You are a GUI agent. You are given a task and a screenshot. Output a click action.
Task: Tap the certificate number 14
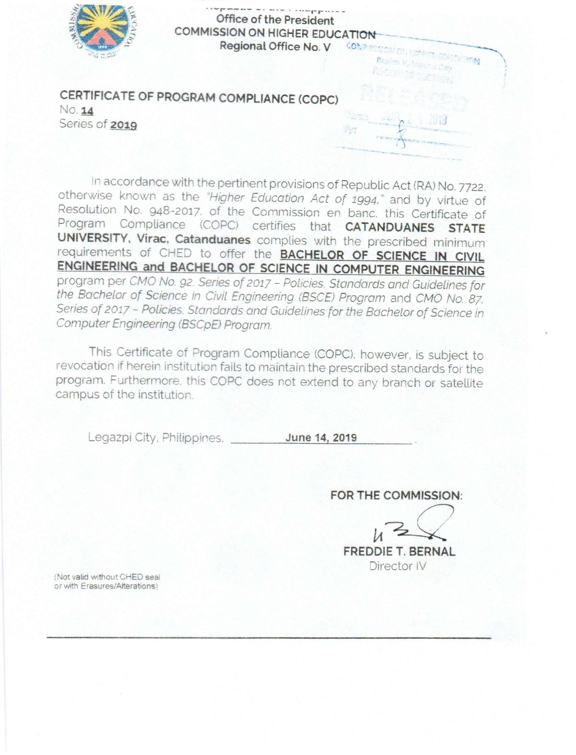click(x=87, y=111)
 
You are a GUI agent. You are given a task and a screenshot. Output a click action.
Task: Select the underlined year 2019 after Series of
click(x=123, y=125)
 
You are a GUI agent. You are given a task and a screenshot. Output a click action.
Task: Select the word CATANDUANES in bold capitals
click(x=389, y=228)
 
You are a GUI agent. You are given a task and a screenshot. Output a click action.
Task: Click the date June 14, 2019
click(x=321, y=438)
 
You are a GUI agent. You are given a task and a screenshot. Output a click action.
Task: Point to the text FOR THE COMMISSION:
click(x=396, y=495)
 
